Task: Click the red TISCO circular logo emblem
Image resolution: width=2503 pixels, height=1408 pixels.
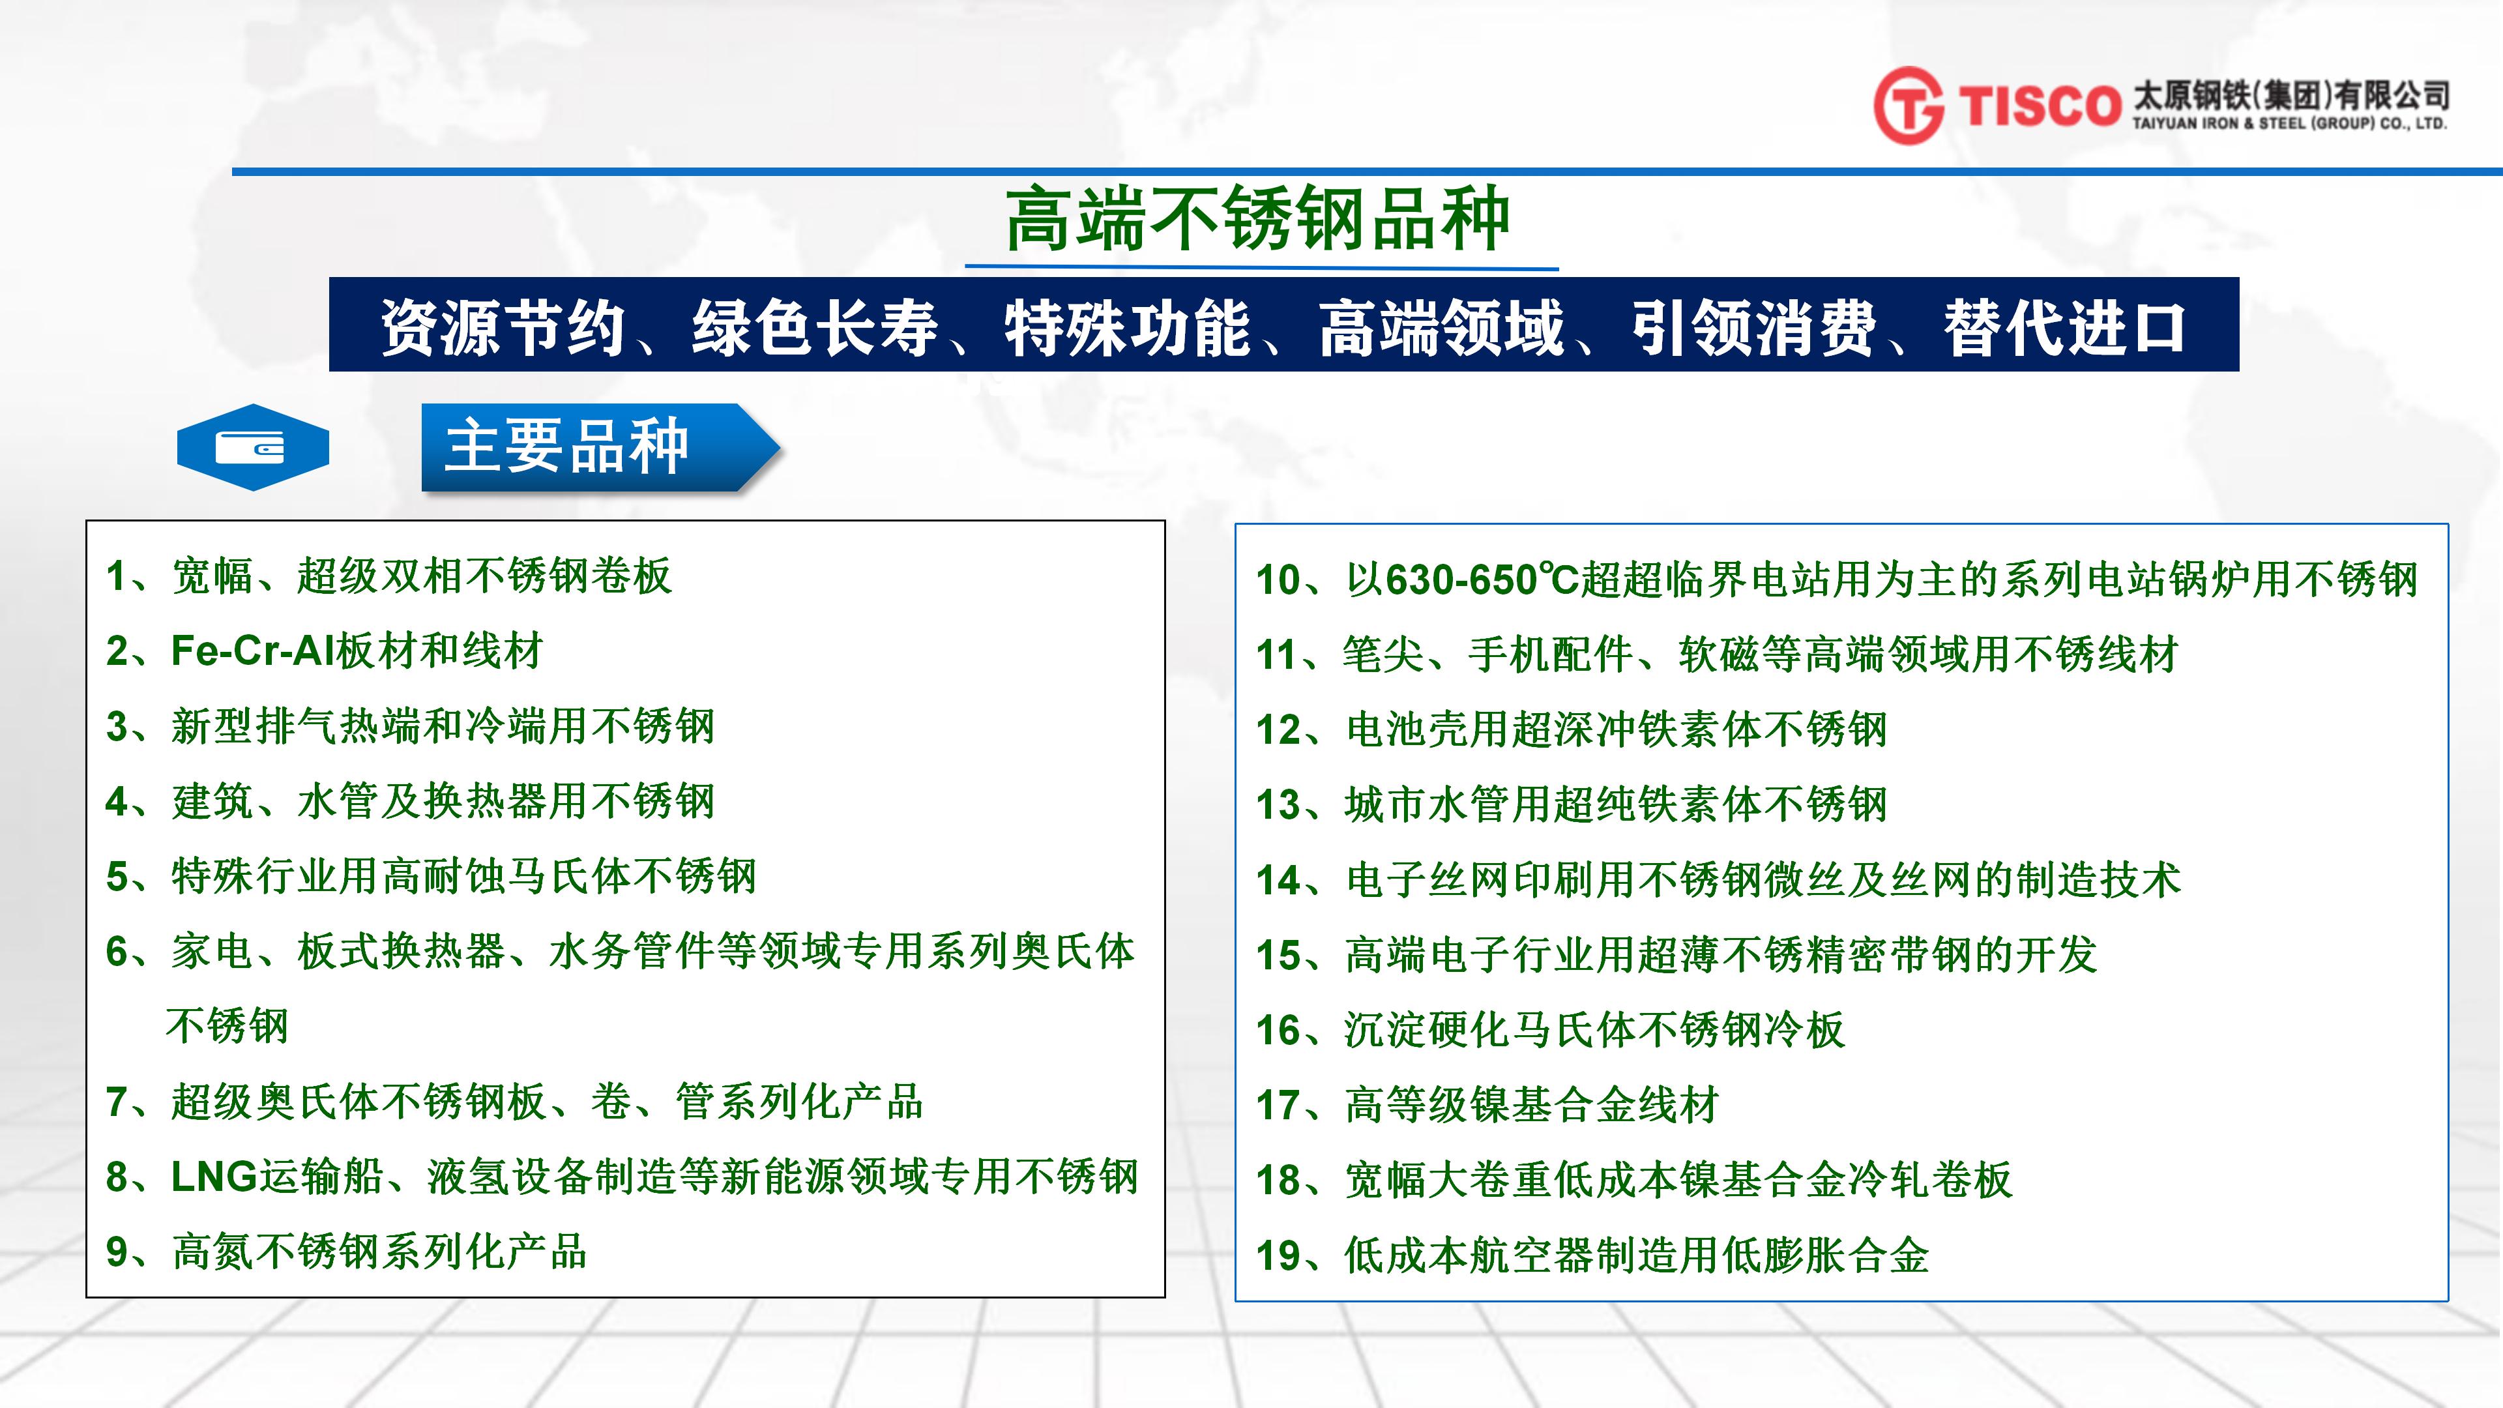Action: pyautogui.click(x=1909, y=105)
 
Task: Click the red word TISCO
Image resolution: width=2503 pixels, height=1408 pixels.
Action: pyautogui.click(x=2038, y=106)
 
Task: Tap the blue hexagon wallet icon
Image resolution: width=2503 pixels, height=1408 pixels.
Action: pyautogui.click(x=253, y=447)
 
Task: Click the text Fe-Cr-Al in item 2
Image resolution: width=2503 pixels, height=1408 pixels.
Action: pyautogui.click(x=253, y=651)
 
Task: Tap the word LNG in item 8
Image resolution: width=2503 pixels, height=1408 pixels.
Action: pyautogui.click(x=214, y=1177)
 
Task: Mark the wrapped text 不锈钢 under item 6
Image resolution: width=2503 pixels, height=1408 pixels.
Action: pyautogui.click(x=227, y=1026)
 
